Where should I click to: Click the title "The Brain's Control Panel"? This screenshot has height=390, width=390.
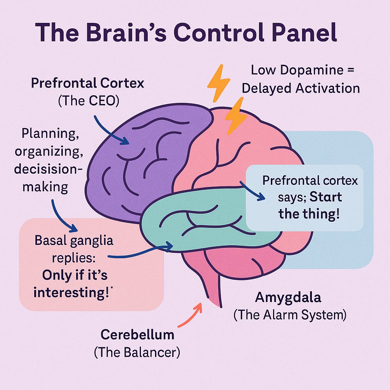pyautogui.click(x=187, y=34)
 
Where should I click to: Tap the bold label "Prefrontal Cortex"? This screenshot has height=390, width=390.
pyautogui.click(x=88, y=83)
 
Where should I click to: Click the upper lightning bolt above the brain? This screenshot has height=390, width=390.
pyautogui.click(x=218, y=83)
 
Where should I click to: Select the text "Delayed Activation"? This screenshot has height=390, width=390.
pyautogui.click(x=301, y=88)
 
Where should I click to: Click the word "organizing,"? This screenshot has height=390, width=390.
pyautogui.click(x=48, y=151)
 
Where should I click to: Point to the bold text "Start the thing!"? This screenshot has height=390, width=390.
pyautogui.click(x=309, y=206)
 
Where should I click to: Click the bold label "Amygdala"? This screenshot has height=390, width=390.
pyautogui.click(x=288, y=298)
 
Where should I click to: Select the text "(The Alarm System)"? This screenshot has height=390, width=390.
pyautogui.click(x=290, y=315)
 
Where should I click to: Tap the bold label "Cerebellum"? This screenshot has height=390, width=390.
pyautogui.click(x=137, y=335)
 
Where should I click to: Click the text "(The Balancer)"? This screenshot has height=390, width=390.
pyautogui.click(x=137, y=352)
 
